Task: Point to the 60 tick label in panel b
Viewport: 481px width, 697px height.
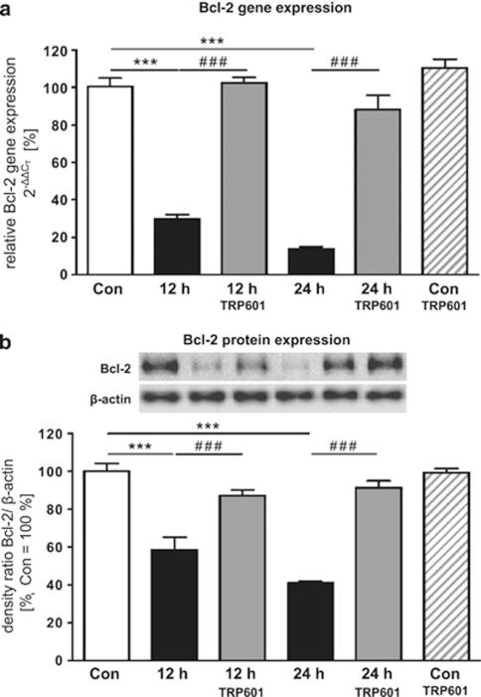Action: click(68, 547)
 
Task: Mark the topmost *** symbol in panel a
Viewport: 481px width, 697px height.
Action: click(212, 41)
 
